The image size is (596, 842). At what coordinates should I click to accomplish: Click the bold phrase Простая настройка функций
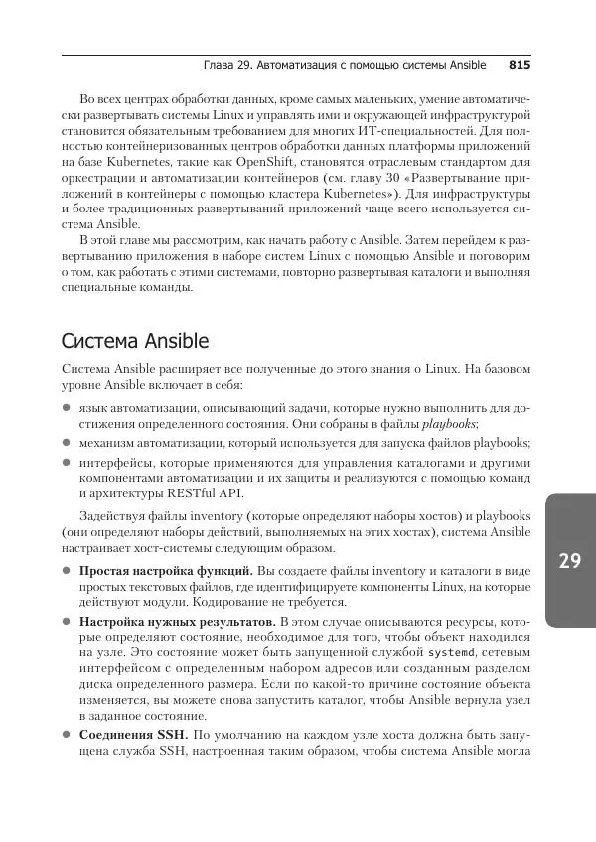click(166, 571)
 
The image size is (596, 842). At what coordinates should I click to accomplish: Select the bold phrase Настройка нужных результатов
click(177, 621)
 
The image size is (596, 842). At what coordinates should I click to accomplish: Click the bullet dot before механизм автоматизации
click(67, 443)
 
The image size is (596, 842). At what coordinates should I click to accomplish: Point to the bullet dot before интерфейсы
click(67, 462)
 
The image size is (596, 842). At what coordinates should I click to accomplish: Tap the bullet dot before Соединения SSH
click(67, 735)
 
